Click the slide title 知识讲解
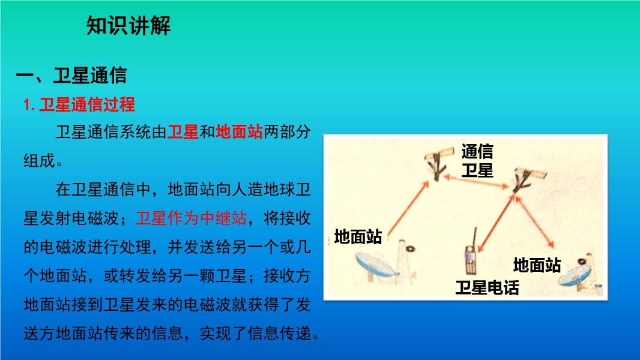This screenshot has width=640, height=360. [x=128, y=26]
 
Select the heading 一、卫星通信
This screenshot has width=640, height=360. [x=71, y=76]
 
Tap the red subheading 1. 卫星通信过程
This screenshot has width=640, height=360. [x=79, y=105]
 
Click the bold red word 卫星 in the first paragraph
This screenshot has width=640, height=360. [x=183, y=131]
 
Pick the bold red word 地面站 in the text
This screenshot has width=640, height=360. [x=239, y=131]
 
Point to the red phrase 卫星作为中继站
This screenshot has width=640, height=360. [x=191, y=218]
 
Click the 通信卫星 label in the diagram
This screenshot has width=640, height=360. [x=477, y=161]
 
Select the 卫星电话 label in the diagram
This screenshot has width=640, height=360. [x=487, y=287]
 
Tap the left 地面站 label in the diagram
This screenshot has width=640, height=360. [x=358, y=236]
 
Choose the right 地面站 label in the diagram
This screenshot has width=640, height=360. [x=537, y=265]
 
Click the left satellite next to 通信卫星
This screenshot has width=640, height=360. [x=438, y=163]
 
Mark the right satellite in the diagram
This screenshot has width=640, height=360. [x=527, y=179]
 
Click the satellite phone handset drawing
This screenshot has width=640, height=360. [x=471, y=255]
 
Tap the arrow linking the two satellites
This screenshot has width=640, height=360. [x=476, y=182]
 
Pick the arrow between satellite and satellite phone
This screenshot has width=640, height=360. [x=496, y=223]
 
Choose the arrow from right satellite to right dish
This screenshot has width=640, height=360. [x=534, y=222]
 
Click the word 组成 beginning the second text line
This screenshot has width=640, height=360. [x=39, y=161]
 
